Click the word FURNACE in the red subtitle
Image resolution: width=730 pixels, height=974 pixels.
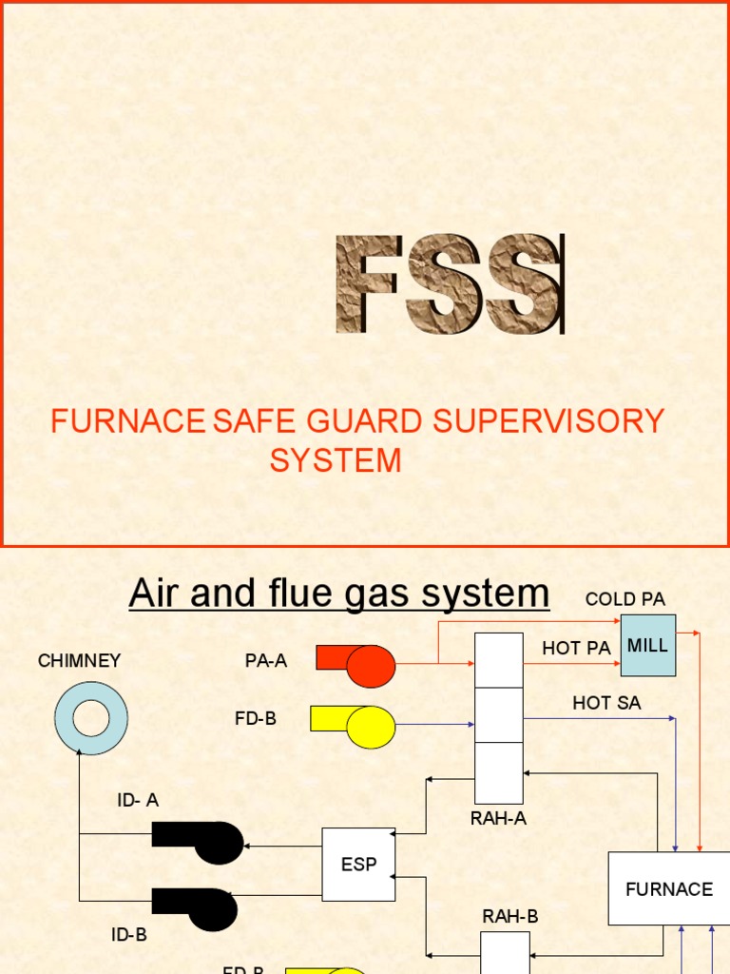(x=127, y=420)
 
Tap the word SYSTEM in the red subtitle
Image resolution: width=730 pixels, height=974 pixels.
(x=336, y=460)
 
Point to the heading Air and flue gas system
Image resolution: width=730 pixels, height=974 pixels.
(x=339, y=594)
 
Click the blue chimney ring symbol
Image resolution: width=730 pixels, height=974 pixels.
(x=91, y=718)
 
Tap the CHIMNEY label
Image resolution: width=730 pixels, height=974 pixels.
(x=80, y=660)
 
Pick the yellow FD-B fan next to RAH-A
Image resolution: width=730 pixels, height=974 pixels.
(x=353, y=726)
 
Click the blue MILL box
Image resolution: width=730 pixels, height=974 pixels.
(x=648, y=645)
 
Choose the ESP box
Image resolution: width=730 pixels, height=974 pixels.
(x=358, y=865)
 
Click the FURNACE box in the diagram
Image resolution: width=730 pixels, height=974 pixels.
(x=668, y=889)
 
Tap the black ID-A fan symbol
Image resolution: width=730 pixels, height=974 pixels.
(x=198, y=842)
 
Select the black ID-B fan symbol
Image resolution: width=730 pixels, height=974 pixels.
(x=196, y=908)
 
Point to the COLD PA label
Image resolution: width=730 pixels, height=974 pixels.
(x=624, y=599)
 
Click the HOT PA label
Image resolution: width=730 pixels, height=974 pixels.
(x=576, y=649)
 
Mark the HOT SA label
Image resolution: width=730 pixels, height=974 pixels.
(x=606, y=703)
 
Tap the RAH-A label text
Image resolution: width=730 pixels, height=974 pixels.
(x=498, y=818)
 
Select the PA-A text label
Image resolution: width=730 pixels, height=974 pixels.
(x=266, y=660)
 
